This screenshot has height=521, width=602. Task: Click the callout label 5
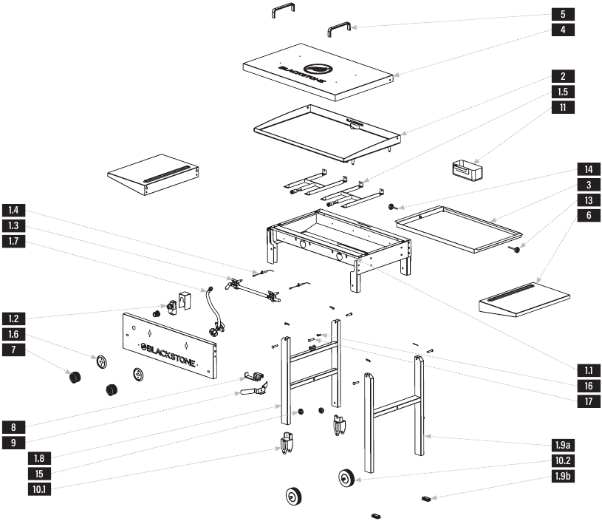pyautogui.click(x=563, y=14)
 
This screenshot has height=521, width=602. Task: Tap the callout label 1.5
pyautogui.click(x=563, y=92)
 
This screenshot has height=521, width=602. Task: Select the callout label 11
pyautogui.click(x=563, y=107)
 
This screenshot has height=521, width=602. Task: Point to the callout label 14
pyautogui.click(x=589, y=169)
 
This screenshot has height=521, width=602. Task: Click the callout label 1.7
pyautogui.click(x=13, y=242)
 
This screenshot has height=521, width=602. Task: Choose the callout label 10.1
pyautogui.click(x=39, y=489)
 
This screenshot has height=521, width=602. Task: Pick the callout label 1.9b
pyautogui.click(x=563, y=477)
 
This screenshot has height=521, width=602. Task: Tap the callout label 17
pyautogui.click(x=589, y=401)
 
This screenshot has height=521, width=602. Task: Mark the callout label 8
pyautogui.click(x=13, y=427)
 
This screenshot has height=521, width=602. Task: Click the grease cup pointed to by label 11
pyautogui.click(x=467, y=171)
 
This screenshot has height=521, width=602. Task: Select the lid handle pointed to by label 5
pyautogui.click(x=339, y=29)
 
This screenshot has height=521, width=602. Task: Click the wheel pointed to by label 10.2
pyautogui.click(x=346, y=478)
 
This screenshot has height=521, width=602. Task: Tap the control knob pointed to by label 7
pyautogui.click(x=75, y=377)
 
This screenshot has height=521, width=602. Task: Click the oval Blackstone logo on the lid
pyautogui.click(x=318, y=69)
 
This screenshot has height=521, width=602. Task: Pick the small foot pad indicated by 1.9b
pyautogui.click(x=426, y=499)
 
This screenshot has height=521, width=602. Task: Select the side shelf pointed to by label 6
pyautogui.click(x=524, y=300)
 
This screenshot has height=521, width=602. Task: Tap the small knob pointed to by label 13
pyautogui.click(x=516, y=250)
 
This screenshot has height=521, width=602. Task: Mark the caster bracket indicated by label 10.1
pyautogui.click(x=287, y=443)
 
